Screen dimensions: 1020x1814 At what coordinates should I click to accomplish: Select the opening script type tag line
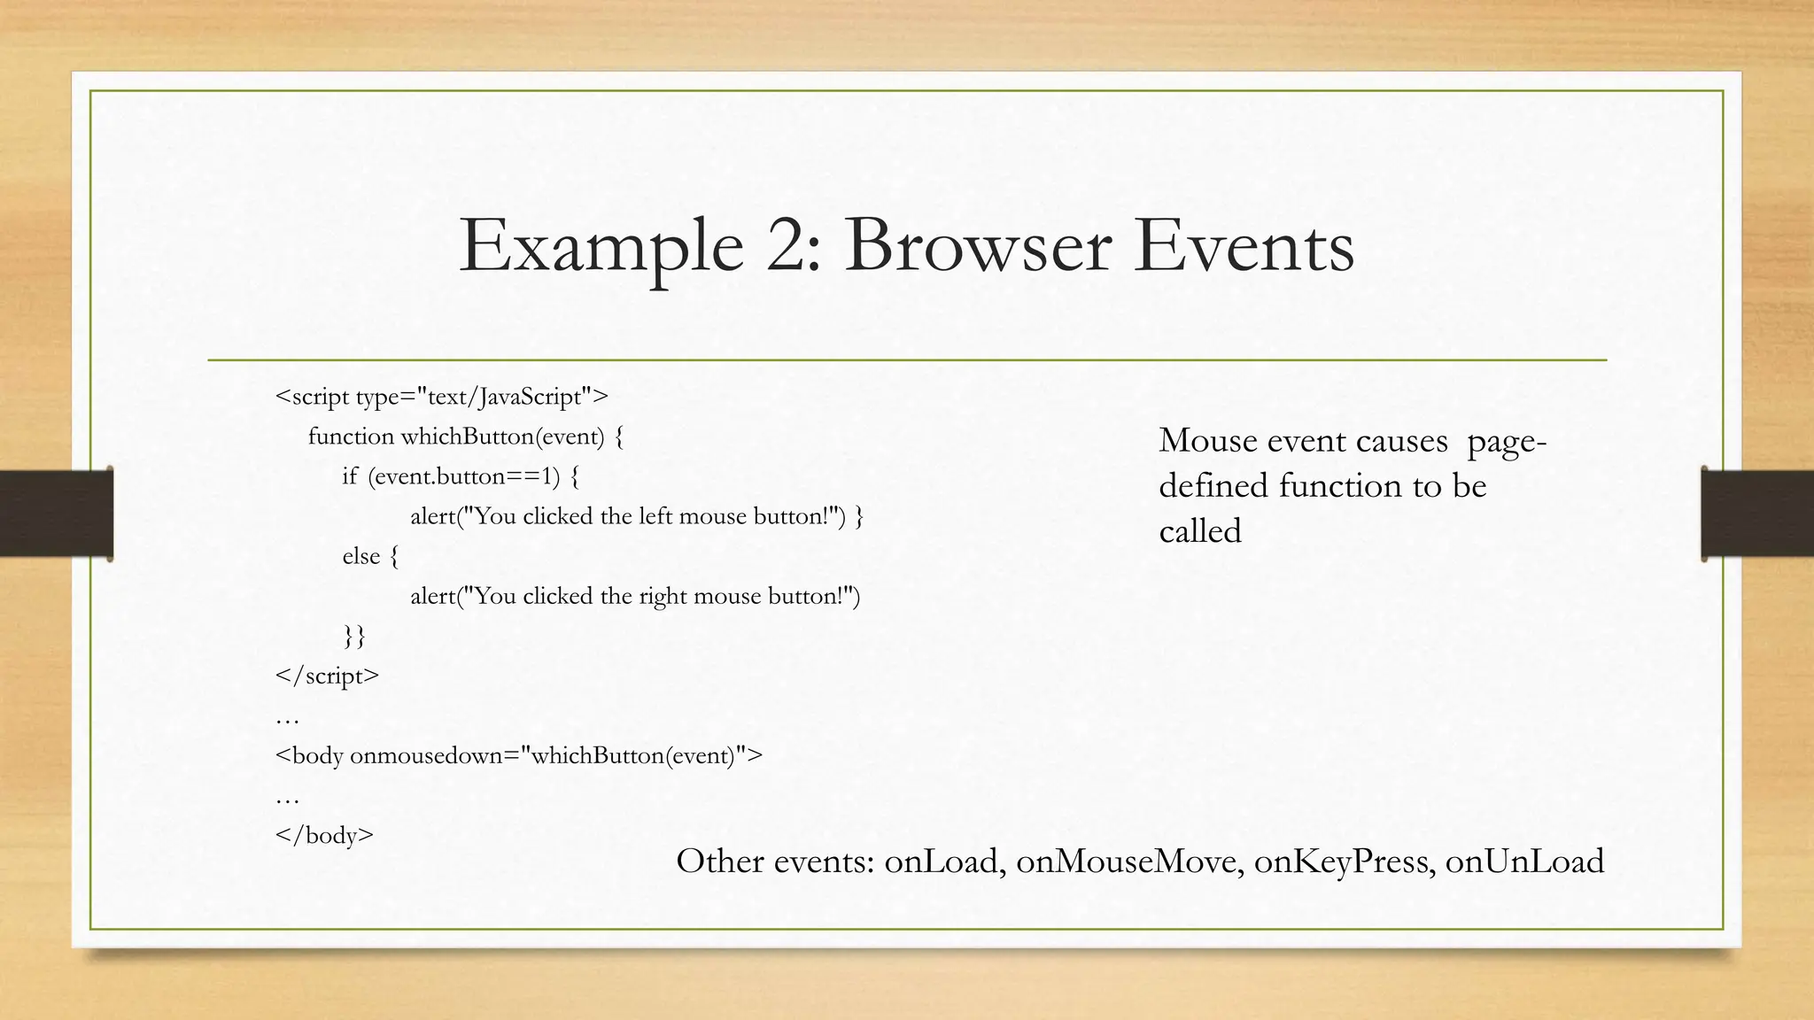click(x=442, y=397)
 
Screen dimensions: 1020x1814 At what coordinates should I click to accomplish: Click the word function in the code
click(x=351, y=437)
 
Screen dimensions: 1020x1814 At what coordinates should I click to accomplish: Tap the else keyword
click(x=361, y=556)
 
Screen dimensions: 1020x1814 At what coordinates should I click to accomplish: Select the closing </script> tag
click(x=327, y=676)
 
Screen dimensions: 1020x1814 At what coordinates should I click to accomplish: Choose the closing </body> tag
click(x=324, y=835)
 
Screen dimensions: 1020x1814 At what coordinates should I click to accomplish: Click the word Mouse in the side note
click(x=1209, y=440)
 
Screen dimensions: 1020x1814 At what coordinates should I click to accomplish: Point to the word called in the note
click(x=1200, y=531)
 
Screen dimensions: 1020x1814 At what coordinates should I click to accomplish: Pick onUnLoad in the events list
click(x=1524, y=861)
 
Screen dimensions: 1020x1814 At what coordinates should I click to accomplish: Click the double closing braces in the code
click(x=354, y=636)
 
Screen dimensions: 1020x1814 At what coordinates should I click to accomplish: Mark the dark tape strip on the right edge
click(x=1757, y=514)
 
